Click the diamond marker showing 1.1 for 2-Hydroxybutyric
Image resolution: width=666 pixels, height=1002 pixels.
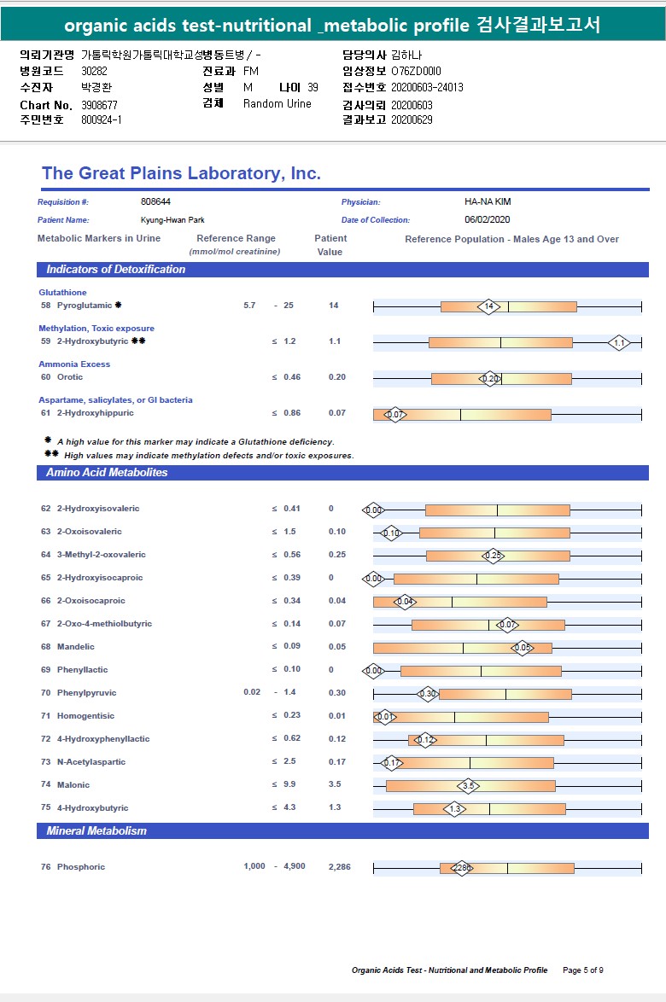(x=620, y=342)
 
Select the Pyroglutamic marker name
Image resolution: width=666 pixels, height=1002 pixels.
(x=85, y=305)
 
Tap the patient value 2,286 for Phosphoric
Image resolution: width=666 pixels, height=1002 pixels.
(x=339, y=867)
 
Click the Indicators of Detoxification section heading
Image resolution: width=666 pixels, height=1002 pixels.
(x=115, y=270)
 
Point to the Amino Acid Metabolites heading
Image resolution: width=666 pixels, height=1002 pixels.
(x=107, y=473)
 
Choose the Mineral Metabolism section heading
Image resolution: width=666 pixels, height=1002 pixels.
(x=96, y=831)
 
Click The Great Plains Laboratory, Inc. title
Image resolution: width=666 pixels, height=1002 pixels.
(x=181, y=174)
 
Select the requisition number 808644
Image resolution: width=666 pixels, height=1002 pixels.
(x=155, y=202)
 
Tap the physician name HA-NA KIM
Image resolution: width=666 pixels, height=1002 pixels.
(x=488, y=202)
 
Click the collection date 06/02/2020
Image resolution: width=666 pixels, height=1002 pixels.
(x=486, y=220)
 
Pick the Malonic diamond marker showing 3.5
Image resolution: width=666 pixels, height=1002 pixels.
(x=468, y=785)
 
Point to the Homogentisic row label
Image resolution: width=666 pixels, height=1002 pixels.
(x=85, y=716)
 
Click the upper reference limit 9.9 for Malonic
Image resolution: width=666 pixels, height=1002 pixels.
(x=289, y=785)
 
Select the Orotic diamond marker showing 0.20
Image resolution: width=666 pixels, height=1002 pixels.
(x=490, y=378)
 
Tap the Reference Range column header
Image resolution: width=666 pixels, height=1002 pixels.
(x=236, y=239)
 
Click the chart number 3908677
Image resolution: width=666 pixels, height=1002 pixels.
(x=99, y=105)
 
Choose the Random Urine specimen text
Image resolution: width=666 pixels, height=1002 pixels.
(x=277, y=104)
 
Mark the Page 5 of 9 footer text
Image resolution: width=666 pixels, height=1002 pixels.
(x=583, y=970)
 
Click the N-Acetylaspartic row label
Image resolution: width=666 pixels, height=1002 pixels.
(x=91, y=762)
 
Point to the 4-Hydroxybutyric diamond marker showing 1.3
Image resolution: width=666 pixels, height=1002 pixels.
(x=455, y=808)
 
